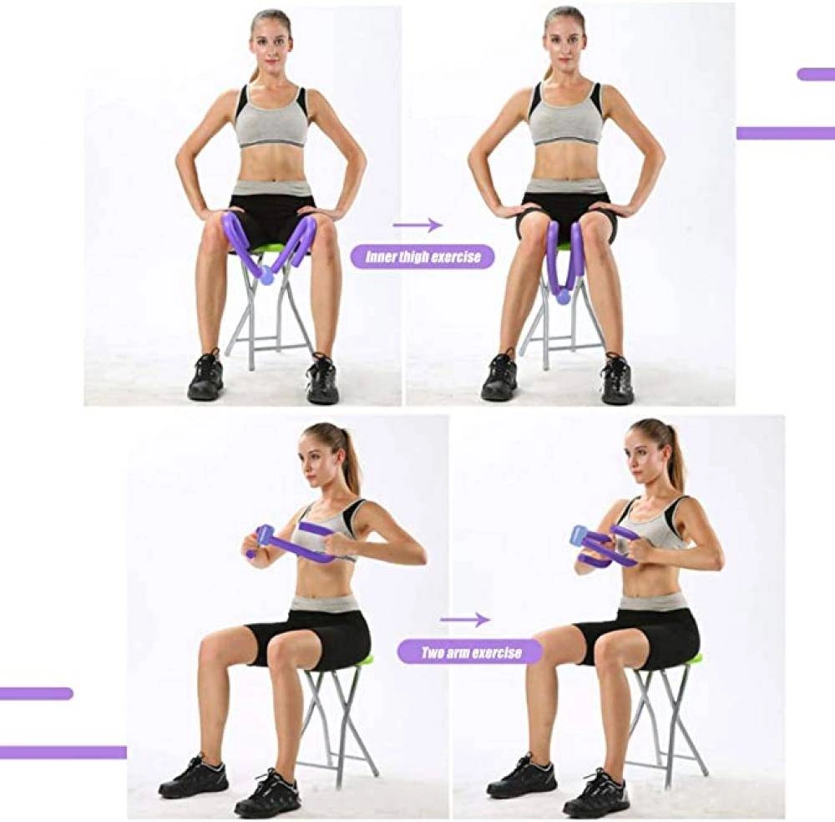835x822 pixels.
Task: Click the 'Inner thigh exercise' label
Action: coord(423,256)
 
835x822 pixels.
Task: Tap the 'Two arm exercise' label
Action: coord(471,652)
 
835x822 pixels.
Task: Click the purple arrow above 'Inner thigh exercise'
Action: coord(417,225)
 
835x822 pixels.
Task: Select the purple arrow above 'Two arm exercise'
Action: coord(465,620)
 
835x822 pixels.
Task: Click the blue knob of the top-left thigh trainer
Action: coord(266,277)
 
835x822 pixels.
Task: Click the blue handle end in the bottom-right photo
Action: coord(579,535)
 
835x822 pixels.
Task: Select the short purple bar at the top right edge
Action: coord(816,74)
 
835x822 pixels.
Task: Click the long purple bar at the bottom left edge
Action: coord(63,752)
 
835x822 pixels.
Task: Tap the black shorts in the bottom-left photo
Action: coord(310,637)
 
